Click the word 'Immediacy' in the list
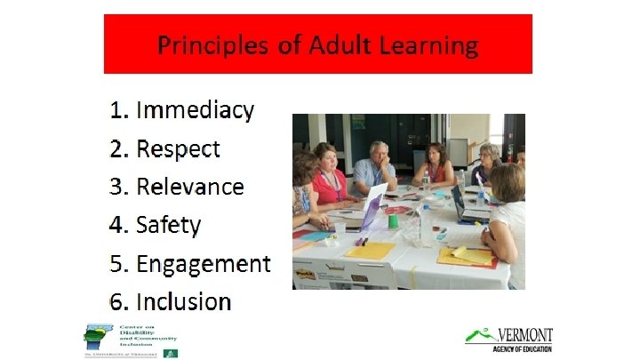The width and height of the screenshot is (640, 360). [195, 110]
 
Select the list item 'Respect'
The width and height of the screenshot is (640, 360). [178, 148]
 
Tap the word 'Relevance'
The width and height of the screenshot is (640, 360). [189, 187]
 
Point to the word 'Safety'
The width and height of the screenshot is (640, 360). [168, 225]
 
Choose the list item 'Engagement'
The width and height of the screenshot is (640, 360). [203, 264]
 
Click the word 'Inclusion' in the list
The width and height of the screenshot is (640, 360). [183, 301]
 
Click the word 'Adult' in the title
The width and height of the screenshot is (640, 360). [332, 44]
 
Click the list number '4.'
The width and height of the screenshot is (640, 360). [119, 225]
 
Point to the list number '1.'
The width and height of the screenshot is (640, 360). [119, 110]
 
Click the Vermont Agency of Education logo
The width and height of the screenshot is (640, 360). [508, 339]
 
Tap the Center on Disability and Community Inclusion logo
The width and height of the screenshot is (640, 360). [131, 340]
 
